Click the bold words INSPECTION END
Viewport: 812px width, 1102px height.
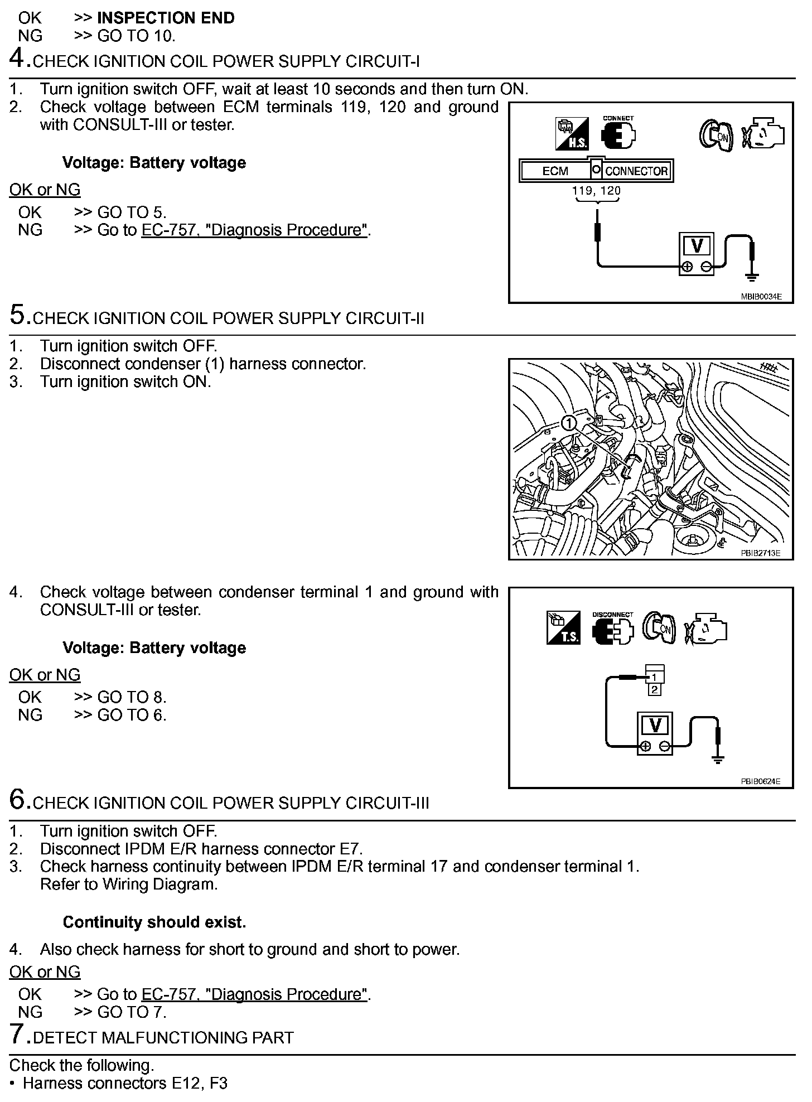click(166, 18)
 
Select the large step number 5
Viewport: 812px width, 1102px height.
click(20, 316)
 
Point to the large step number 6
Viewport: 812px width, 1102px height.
click(20, 801)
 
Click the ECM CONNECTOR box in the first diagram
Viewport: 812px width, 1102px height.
click(596, 171)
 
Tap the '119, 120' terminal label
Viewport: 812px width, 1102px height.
click(596, 191)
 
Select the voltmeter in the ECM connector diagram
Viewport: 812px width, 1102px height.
click(697, 254)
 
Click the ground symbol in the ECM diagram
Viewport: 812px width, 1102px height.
click(751, 275)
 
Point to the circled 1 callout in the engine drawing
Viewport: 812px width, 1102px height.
click(568, 423)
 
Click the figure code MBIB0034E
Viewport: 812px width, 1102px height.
click(761, 297)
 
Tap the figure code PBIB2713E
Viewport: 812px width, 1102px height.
click(760, 553)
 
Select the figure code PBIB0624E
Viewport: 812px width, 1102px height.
click(760, 781)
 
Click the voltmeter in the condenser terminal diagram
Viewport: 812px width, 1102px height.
click(655, 734)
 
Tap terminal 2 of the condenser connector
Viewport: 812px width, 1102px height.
click(655, 690)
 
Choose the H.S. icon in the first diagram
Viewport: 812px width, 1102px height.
click(572, 134)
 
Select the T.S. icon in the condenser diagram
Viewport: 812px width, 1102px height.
click(563, 629)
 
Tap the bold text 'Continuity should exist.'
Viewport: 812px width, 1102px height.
click(154, 922)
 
